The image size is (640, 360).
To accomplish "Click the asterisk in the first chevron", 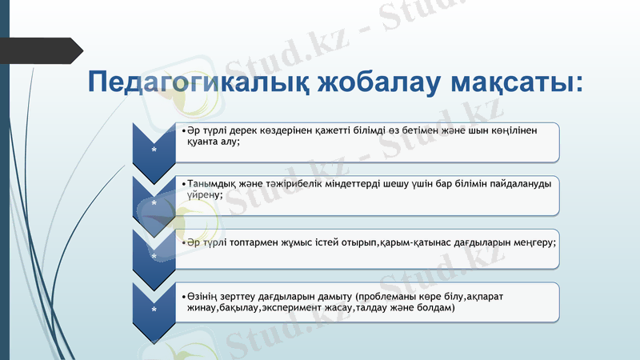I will [x=154, y=149].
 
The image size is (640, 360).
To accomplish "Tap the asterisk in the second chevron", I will [x=154, y=202].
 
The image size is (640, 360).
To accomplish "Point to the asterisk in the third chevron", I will [x=154, y=255].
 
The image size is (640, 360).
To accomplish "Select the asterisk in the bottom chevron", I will [x=154, y=309].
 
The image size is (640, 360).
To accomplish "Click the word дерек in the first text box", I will [x=241, y=130].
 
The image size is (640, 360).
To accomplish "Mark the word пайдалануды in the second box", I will [x=520, y=183].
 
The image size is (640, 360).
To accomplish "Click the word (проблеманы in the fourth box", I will [x=389, y=296].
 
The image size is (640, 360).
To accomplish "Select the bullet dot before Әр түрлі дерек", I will [x=183, y=130].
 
